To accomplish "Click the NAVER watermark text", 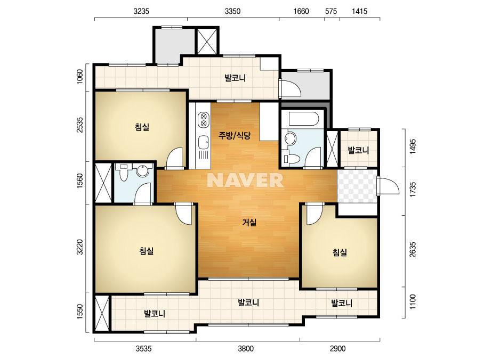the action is pos(245,181).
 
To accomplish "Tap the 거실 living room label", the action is pos(249,223).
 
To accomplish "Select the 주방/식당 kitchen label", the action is pos(235,135).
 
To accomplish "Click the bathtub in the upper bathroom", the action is pos(304,119).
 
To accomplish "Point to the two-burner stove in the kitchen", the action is pos(204,119).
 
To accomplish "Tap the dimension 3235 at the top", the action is pos(141,11).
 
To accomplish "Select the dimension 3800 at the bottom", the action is pos(246,348).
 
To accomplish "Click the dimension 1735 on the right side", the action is pos(413,189).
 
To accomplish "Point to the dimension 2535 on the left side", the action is pos(80,125).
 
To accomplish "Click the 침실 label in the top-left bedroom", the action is pos(142,127).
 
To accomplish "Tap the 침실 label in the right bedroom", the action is pos(340,252).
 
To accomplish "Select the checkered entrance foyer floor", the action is pos(357,186).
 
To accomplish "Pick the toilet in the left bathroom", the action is pos(124,173).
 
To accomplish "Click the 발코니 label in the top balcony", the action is pos(235,78).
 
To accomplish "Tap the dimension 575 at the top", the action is pos(331,11).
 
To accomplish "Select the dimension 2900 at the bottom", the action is pos(337,348).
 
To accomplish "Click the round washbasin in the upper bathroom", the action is pos(291,138).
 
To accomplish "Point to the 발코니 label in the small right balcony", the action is pos(358,150).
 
